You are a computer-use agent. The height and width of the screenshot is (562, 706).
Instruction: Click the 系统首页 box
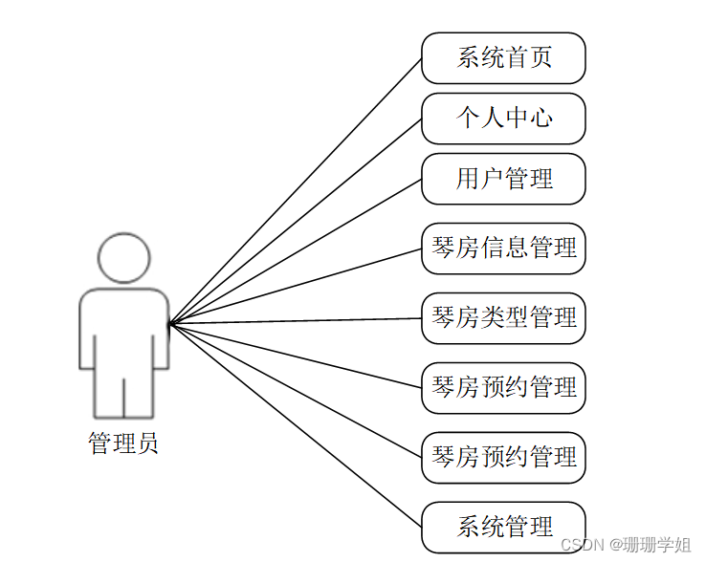click(503, 58)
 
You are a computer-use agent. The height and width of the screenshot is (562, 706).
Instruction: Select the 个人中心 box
click(503, 119)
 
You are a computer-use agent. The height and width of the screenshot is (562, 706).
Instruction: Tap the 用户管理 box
click(503, 179)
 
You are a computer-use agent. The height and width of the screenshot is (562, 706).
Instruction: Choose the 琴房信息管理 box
click(503, 249)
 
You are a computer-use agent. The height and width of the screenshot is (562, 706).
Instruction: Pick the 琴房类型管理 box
click(503, 318)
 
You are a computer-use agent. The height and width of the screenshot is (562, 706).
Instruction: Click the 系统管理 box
click(503, 527)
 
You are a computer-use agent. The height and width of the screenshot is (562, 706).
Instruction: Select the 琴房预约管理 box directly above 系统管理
click(503, 457)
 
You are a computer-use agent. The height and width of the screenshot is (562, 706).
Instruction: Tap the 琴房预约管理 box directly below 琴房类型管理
click(503, 388)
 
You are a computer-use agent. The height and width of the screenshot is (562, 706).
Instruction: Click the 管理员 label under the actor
click(123, 443)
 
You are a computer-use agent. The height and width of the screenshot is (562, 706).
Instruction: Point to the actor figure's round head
click(124, 258)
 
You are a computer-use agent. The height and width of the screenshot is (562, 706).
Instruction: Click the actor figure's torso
click(124, 330)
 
